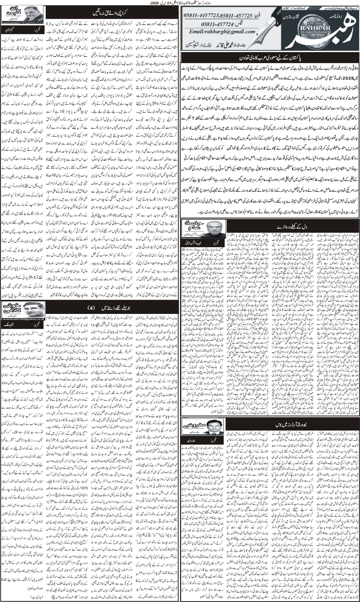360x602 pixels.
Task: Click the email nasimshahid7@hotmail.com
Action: coord(22,22)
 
